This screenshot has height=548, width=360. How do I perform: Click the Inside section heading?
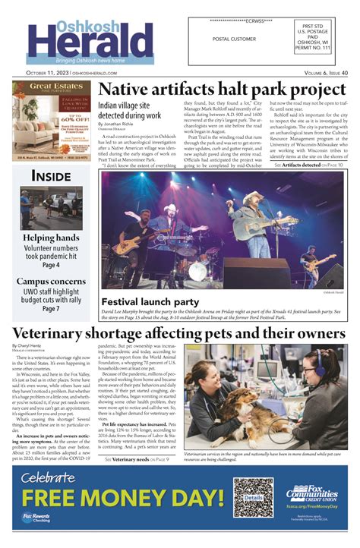pos(51,176)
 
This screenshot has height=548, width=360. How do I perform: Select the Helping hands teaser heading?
pos(51,238)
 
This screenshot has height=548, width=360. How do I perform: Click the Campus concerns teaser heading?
pos(51,281)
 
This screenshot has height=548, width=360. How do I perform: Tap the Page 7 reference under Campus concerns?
pos(51,309)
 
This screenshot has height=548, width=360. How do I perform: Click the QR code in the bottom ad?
pos(253,497)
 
